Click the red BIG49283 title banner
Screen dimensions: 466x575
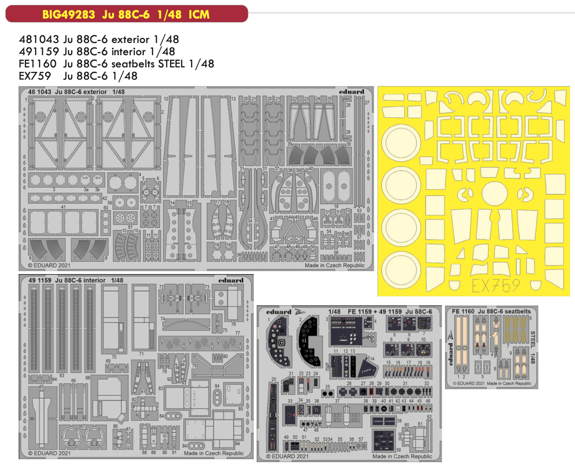pyautogui.click(x=126, y=14)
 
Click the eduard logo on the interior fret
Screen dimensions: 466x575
pyautogui.click(x=231, y=280)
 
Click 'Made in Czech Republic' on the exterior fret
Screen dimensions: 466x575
pyautogui.click(x=334, y=265)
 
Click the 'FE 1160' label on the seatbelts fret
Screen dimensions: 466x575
pyautogui.click(x=463, y=311)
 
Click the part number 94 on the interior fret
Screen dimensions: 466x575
pyautogui.click(x=237, y=444)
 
